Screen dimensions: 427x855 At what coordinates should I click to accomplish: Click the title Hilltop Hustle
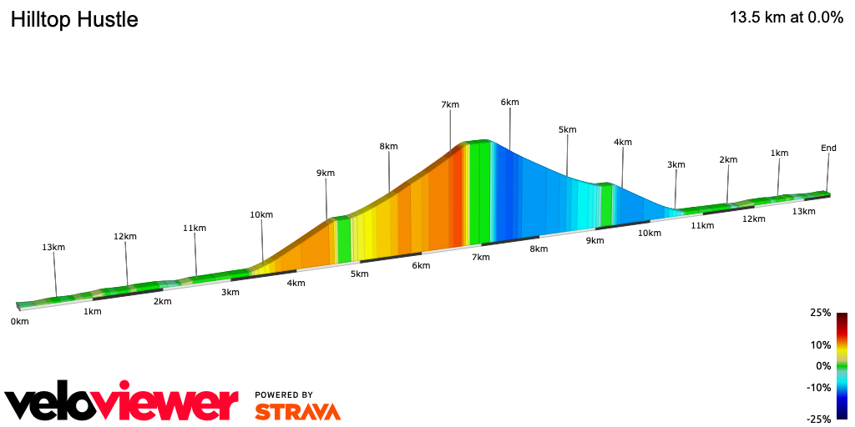click(74, 20)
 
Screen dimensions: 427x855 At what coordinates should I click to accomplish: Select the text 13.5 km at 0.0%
click(786, 18)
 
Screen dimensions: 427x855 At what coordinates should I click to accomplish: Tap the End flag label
click(828, 148)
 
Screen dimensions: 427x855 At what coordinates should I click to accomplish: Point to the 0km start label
click(20, 321)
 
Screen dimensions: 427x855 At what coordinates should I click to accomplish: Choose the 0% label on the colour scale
click(823, 366)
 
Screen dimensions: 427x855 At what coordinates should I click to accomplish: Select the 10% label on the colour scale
click(822, 344)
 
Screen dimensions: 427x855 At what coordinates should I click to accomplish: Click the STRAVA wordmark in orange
click(297, 412)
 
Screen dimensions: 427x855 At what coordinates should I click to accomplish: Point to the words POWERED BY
click(284, 394)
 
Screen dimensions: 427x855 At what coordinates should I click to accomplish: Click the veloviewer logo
click(122, 403)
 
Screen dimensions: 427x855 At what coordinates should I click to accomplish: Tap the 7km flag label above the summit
click(450, 104)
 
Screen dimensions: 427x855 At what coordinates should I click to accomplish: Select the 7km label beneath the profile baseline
click(480, 257)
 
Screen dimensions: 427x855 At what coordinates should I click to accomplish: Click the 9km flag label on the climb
click(326, 173)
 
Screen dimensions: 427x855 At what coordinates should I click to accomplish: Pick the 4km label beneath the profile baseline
click(296, 283)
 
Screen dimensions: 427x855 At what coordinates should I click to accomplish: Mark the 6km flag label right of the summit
click(509, 103)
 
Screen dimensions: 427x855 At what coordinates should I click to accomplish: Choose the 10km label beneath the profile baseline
click(650, 233)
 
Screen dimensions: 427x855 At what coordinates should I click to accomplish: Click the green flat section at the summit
click(479, 192)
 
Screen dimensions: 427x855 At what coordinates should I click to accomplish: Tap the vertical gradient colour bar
click(842, 365)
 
